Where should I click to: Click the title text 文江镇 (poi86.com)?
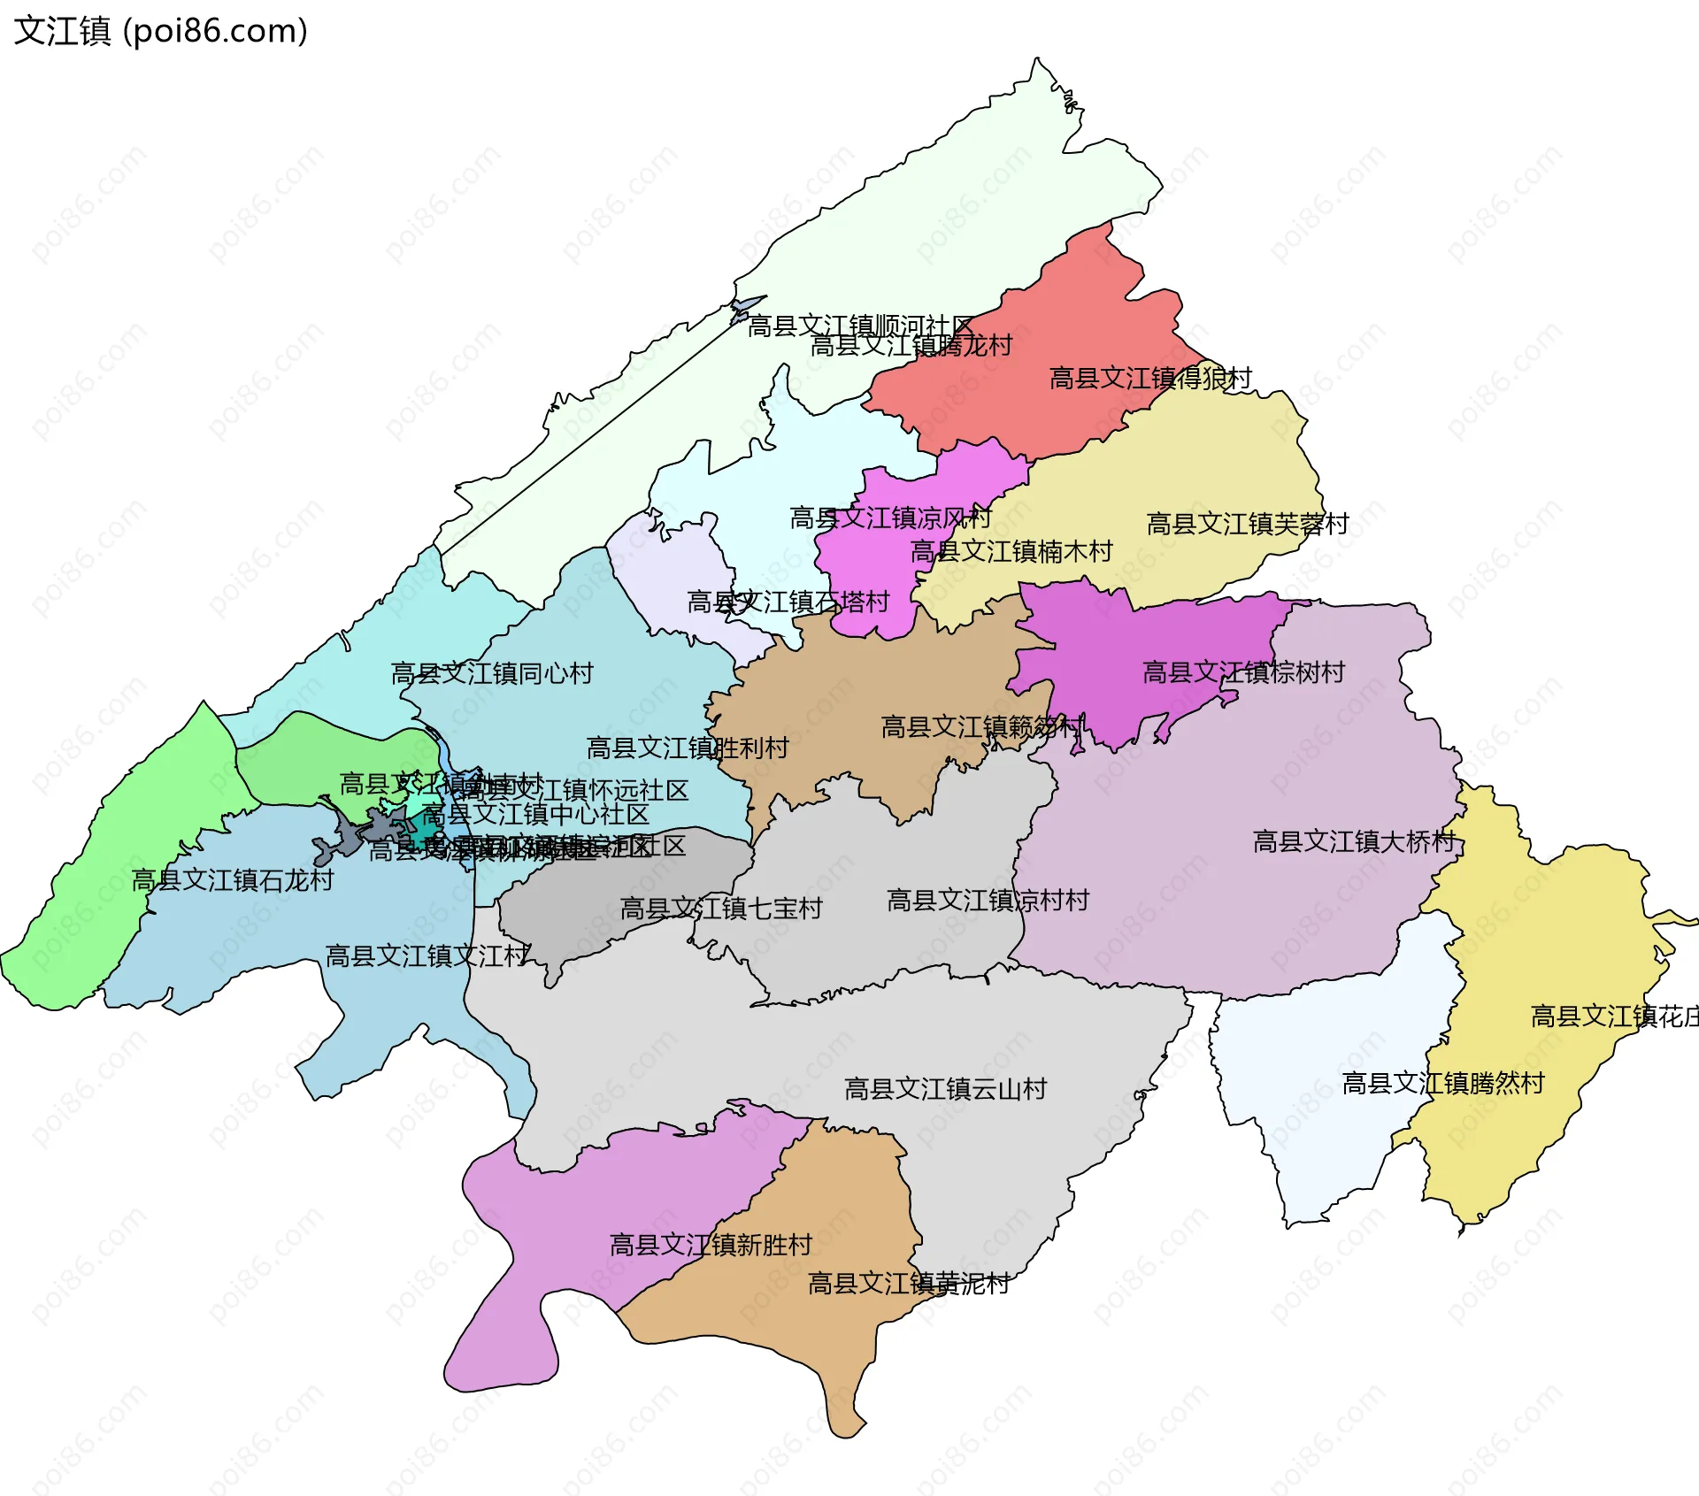tap(161, 31)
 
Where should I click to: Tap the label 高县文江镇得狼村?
tap(1150, 379)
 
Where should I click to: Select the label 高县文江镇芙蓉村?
tap(1248, 524)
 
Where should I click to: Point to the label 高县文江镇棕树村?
tap(1243, 672)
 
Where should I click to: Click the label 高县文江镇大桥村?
tap(1354, 841)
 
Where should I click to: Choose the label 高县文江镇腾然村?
tap(1443, 1083)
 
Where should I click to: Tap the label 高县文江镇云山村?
tap(945, 1088)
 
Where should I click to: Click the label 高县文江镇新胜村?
tap(711, 1245)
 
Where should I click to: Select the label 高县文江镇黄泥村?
tap(909, 1283)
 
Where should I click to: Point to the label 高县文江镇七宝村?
tap(721, 908)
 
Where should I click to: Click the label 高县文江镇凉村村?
tap(988, 901)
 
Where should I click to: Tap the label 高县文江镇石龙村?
tap(233, 880)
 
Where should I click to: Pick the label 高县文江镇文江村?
tap(427, 955)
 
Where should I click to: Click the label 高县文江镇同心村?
tap(492, 673)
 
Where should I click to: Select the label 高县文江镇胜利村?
tap(688, 748)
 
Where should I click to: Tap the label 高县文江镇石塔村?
tap(788, 602)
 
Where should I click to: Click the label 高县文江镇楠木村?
tap(1011, 551)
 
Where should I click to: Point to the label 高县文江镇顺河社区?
tap(860, 326)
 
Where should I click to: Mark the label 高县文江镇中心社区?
tap(535, 814)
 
